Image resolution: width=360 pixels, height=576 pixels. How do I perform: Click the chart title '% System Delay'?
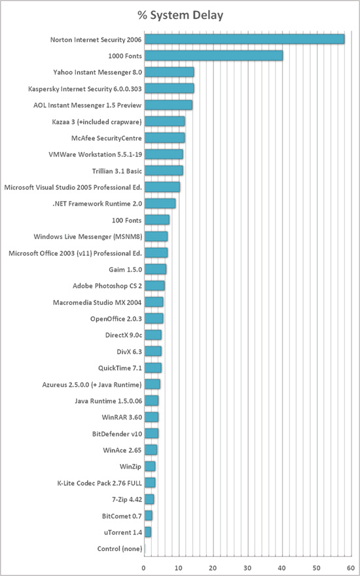point(181,16)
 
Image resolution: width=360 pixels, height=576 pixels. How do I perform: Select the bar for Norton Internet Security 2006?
point(244,39)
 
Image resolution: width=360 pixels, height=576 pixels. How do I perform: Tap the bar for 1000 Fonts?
point(213,56)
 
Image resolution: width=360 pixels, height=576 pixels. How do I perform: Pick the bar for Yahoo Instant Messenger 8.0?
point(169,72)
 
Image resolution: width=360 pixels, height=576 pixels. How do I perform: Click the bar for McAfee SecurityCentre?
point(164,137)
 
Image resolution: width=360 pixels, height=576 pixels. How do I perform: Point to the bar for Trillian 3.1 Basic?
point(164,170)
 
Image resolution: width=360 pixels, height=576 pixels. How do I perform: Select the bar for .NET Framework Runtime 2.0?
point(160,204)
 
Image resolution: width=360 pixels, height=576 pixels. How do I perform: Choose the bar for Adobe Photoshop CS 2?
point(154,285)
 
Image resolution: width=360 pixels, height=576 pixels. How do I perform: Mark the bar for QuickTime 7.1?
point(153,368)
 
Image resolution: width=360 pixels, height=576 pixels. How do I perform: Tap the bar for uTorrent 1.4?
point(148,532)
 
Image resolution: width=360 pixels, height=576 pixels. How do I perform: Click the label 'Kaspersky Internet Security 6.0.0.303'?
point(85,88)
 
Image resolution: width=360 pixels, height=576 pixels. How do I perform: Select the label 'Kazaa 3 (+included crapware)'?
point(97,122)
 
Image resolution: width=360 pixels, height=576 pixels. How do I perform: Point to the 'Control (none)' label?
point(120,549)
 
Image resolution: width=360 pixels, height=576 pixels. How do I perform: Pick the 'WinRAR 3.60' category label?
point(122,418)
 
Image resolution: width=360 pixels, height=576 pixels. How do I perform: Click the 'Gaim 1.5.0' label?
point(125,269)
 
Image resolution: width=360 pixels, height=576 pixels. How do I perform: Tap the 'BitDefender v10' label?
point(117,434)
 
